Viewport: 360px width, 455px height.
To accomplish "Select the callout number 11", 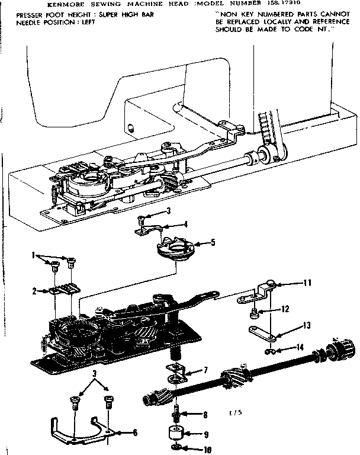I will (307, 283).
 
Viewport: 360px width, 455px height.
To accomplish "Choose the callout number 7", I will (205, 370).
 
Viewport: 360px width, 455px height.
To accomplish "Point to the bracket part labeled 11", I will (261, 294).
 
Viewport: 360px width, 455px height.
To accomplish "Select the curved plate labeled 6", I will (83, 430).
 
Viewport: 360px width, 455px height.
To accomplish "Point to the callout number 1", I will (34, 255).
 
